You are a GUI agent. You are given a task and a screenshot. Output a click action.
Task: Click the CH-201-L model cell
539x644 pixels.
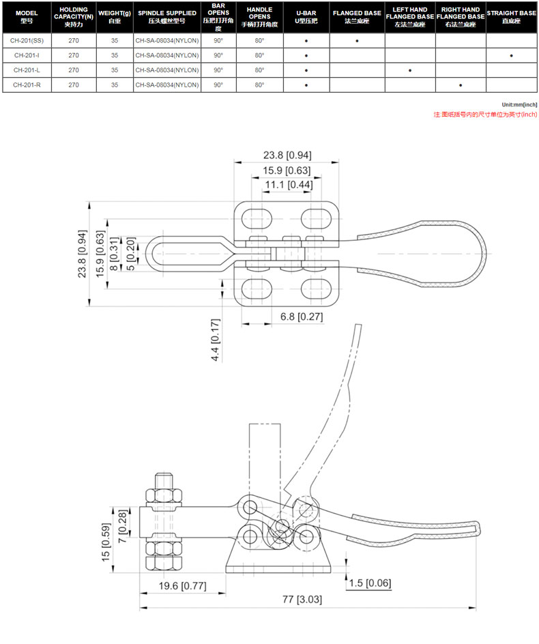tap(27, 70)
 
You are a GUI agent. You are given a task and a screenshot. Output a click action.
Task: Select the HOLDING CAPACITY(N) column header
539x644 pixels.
tap(74, 17)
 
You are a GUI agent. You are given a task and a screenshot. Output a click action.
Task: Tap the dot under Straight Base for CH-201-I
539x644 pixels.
tap(511, 55)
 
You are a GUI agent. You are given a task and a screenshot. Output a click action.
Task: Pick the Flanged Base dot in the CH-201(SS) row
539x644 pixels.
tap(357, 41)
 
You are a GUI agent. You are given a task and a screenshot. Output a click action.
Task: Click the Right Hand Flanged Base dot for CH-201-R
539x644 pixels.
tap(461, 85)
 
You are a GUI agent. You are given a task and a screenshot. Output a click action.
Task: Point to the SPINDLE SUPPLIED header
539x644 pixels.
tap(167, 17)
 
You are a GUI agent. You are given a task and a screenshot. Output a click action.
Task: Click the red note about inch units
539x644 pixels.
tap(485, 115)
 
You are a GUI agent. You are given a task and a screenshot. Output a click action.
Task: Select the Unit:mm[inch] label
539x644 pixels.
tap(519, 105)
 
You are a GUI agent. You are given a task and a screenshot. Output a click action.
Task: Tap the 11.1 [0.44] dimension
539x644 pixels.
tap(289, 185)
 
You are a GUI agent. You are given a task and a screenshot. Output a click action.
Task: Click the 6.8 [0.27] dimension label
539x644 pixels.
tap(302, 317)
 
